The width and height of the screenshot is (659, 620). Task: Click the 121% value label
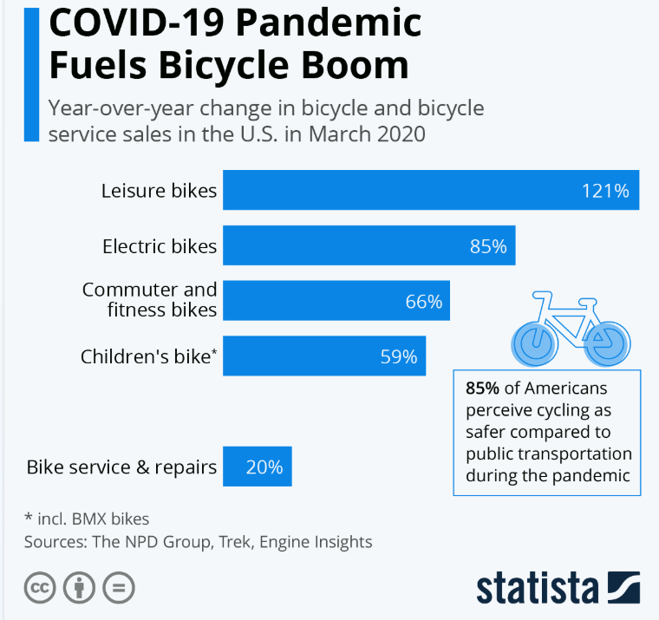point(605,191)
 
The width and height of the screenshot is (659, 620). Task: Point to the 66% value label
point(424,302)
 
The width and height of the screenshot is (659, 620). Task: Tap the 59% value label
point(399,356)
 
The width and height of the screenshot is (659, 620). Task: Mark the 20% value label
point(264,467)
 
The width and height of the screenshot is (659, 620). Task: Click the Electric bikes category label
point(160,246)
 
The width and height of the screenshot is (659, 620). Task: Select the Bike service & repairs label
point(121,467)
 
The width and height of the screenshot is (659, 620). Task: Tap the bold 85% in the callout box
point(481,387)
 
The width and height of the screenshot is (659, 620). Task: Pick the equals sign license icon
point(118,587)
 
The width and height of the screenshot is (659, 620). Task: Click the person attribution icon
point(79,587)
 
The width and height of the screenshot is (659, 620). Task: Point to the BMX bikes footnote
point(87,519)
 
